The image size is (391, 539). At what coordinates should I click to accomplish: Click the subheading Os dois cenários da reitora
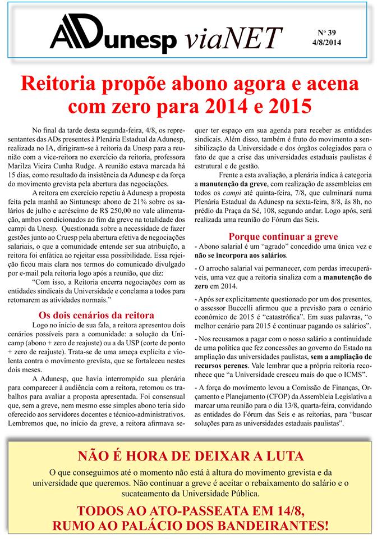(95, 315)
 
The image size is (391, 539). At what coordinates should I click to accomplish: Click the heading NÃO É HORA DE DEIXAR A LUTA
(191, 456)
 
